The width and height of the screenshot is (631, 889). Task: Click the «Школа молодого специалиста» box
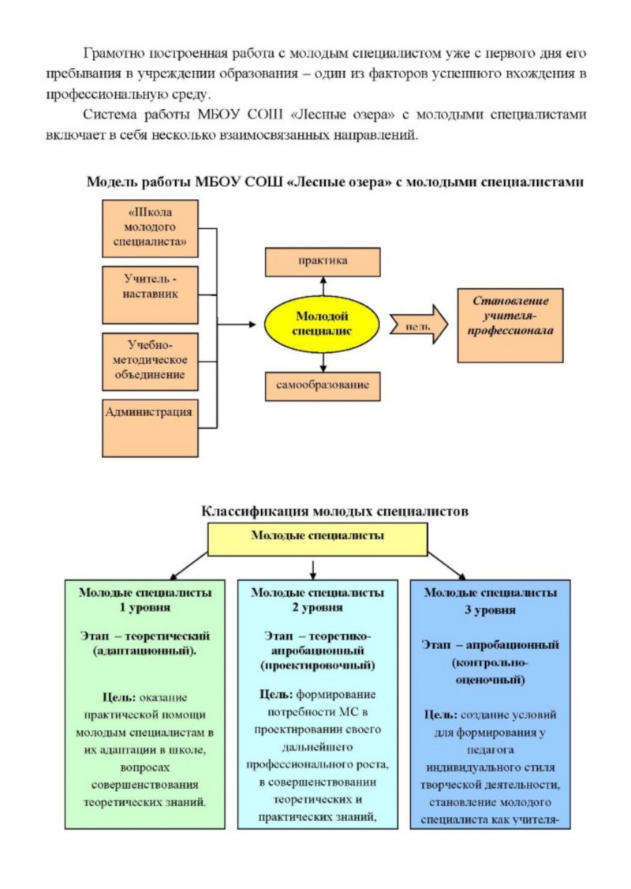pyautogui.click(x=150, y=228)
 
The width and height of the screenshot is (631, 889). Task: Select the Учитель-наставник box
pyautogui.click(x=150, y=294)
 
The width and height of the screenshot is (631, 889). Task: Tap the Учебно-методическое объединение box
pyautogui.click(x=150, y=362)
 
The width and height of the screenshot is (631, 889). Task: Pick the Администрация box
pyautogui.click(x=150, y=428)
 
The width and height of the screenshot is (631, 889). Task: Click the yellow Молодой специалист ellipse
pyautogui.click(x=322, y=324)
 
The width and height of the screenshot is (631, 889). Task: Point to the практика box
pyautogui.click(x=323, y=261)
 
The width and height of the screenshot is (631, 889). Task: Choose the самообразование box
pyautogui.click(x=323, y=386)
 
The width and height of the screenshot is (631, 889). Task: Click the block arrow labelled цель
pyautogui.click(x=419, y=324)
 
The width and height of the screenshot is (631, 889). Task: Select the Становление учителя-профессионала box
pyautogui.click(x=510, y=325)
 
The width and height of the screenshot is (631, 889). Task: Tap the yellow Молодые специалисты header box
pyautogui.click(x=318, y=538)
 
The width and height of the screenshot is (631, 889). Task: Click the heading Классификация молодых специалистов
pyautogui.click(x=334, y=511)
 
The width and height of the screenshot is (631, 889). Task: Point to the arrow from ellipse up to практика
pyautogui.click(x=323, y=287)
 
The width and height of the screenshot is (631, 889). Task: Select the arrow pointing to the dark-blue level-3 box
pyautogui.click(x=447, y=565)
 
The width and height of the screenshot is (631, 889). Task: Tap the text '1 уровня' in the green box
pyautogui.click(x=145, y=608)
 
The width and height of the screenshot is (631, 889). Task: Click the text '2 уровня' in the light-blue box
pyautogui.click(x=317, y=608)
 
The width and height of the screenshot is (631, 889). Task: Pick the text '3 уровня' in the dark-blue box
pyautogui.click(x=490, y=610)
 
